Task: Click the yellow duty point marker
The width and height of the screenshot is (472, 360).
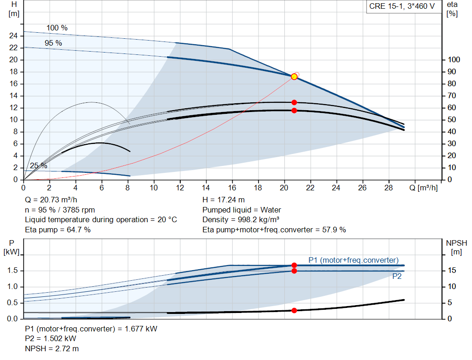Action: point(294,77)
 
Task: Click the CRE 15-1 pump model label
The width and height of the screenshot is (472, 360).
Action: point(402,7)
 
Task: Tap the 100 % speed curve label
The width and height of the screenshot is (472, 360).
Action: point(57,28)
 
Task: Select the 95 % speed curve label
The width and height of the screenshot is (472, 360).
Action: point(53,43)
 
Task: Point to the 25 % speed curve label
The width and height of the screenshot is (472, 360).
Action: point(39,166)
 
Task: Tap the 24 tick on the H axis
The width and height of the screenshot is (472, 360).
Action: point(13,35)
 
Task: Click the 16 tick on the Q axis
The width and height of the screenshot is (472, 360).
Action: point(232,188)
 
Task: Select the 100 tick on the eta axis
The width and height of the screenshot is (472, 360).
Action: point(454,59)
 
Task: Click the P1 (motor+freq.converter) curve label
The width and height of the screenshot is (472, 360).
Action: point(353,260)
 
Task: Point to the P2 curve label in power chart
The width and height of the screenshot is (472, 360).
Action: point(397,277)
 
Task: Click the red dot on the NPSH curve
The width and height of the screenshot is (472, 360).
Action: point(294,311)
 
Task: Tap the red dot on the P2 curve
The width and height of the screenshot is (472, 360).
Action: point(294,271)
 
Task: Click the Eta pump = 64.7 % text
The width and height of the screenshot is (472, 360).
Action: point(58,230)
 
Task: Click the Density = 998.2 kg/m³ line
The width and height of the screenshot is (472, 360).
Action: point(241,219)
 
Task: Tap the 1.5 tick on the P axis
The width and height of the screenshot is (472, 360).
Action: point(12,271)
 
